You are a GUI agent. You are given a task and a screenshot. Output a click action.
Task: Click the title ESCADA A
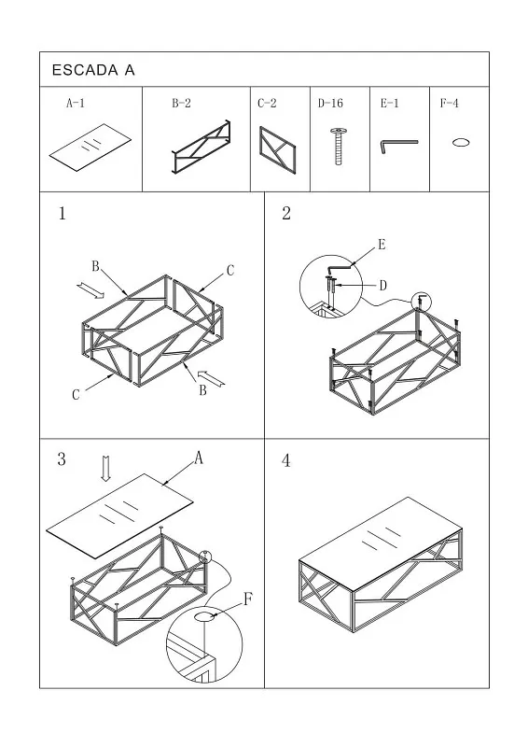coord(93,70)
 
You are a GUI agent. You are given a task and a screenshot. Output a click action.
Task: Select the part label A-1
coord(76,103)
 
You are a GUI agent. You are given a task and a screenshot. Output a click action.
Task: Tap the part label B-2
coord(181,103)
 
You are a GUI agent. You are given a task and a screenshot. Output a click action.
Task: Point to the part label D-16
coord(330,103)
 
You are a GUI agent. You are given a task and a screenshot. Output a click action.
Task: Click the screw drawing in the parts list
coord(338,146)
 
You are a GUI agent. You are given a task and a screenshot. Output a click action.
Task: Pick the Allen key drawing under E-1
coord(399,146)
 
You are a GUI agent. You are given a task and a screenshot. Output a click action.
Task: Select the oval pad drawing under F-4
coord(461,142)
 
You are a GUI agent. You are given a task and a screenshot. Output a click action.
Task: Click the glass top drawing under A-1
coord(90,148)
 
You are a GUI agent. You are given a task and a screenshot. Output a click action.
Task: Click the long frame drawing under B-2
coord(201,148)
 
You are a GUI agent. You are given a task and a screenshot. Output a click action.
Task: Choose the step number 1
coord(62,214)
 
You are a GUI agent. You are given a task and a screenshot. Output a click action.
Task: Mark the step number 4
coord(285,460)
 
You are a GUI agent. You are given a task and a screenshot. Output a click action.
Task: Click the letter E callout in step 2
coord(382,245)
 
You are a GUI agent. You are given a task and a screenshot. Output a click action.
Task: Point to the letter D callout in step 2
coord(382,286)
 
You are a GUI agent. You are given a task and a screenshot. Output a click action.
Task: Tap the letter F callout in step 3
coord(247,599)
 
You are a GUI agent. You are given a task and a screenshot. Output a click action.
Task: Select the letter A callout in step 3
coord(199,458)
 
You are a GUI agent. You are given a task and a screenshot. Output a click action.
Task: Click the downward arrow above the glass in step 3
coord(106,469)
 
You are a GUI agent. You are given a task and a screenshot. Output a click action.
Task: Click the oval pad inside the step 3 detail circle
coord(204,617)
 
